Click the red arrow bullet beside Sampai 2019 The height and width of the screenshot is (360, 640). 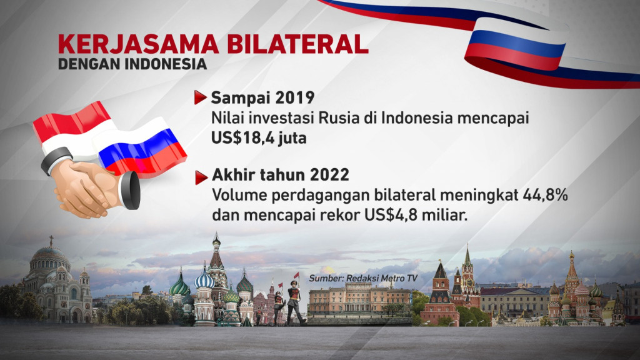click(x=201, y=97)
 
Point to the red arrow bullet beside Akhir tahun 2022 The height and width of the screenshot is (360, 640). click(x=201, y=177)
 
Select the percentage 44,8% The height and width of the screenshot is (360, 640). click(x=545, y=195)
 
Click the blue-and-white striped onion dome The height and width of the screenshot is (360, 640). click(x=204, y=279)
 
